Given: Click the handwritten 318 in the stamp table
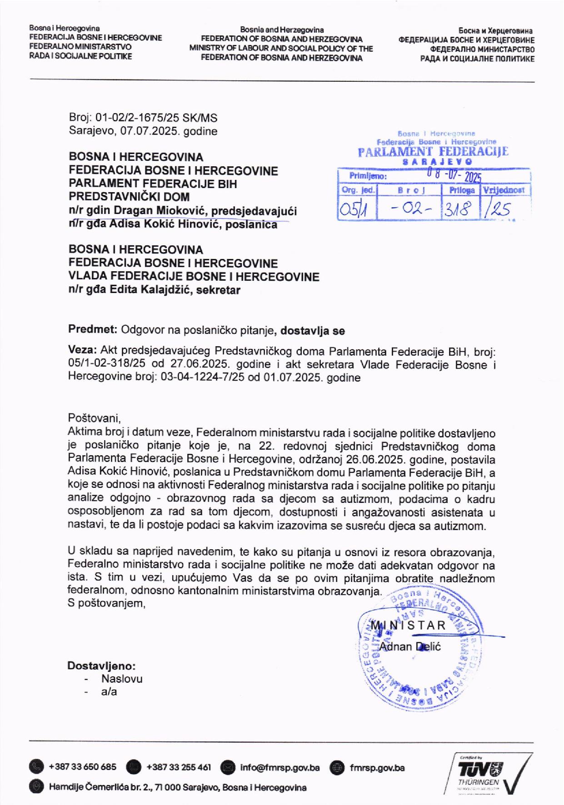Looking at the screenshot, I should tap(459, 210).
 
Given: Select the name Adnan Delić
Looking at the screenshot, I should tap(410, 646).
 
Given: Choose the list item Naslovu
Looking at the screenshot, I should tap(122, 679).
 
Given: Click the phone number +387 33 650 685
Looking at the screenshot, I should tap(82, 767).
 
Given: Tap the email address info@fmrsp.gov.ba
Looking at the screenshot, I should tap(279, 768).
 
